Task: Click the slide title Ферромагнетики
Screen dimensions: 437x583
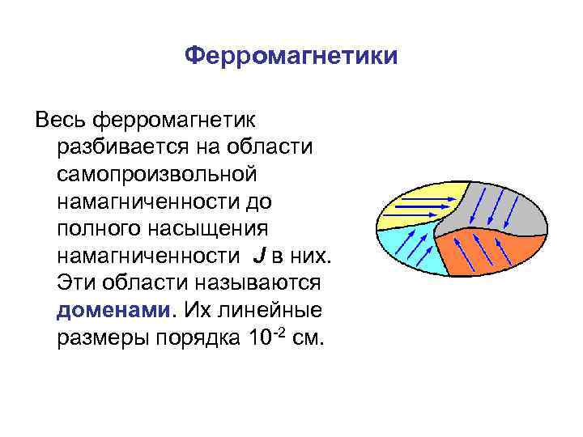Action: (x=291, y=56)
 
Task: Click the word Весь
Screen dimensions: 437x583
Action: (x=62, y=121)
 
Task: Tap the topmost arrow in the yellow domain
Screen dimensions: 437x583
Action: (x=421, y=194)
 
